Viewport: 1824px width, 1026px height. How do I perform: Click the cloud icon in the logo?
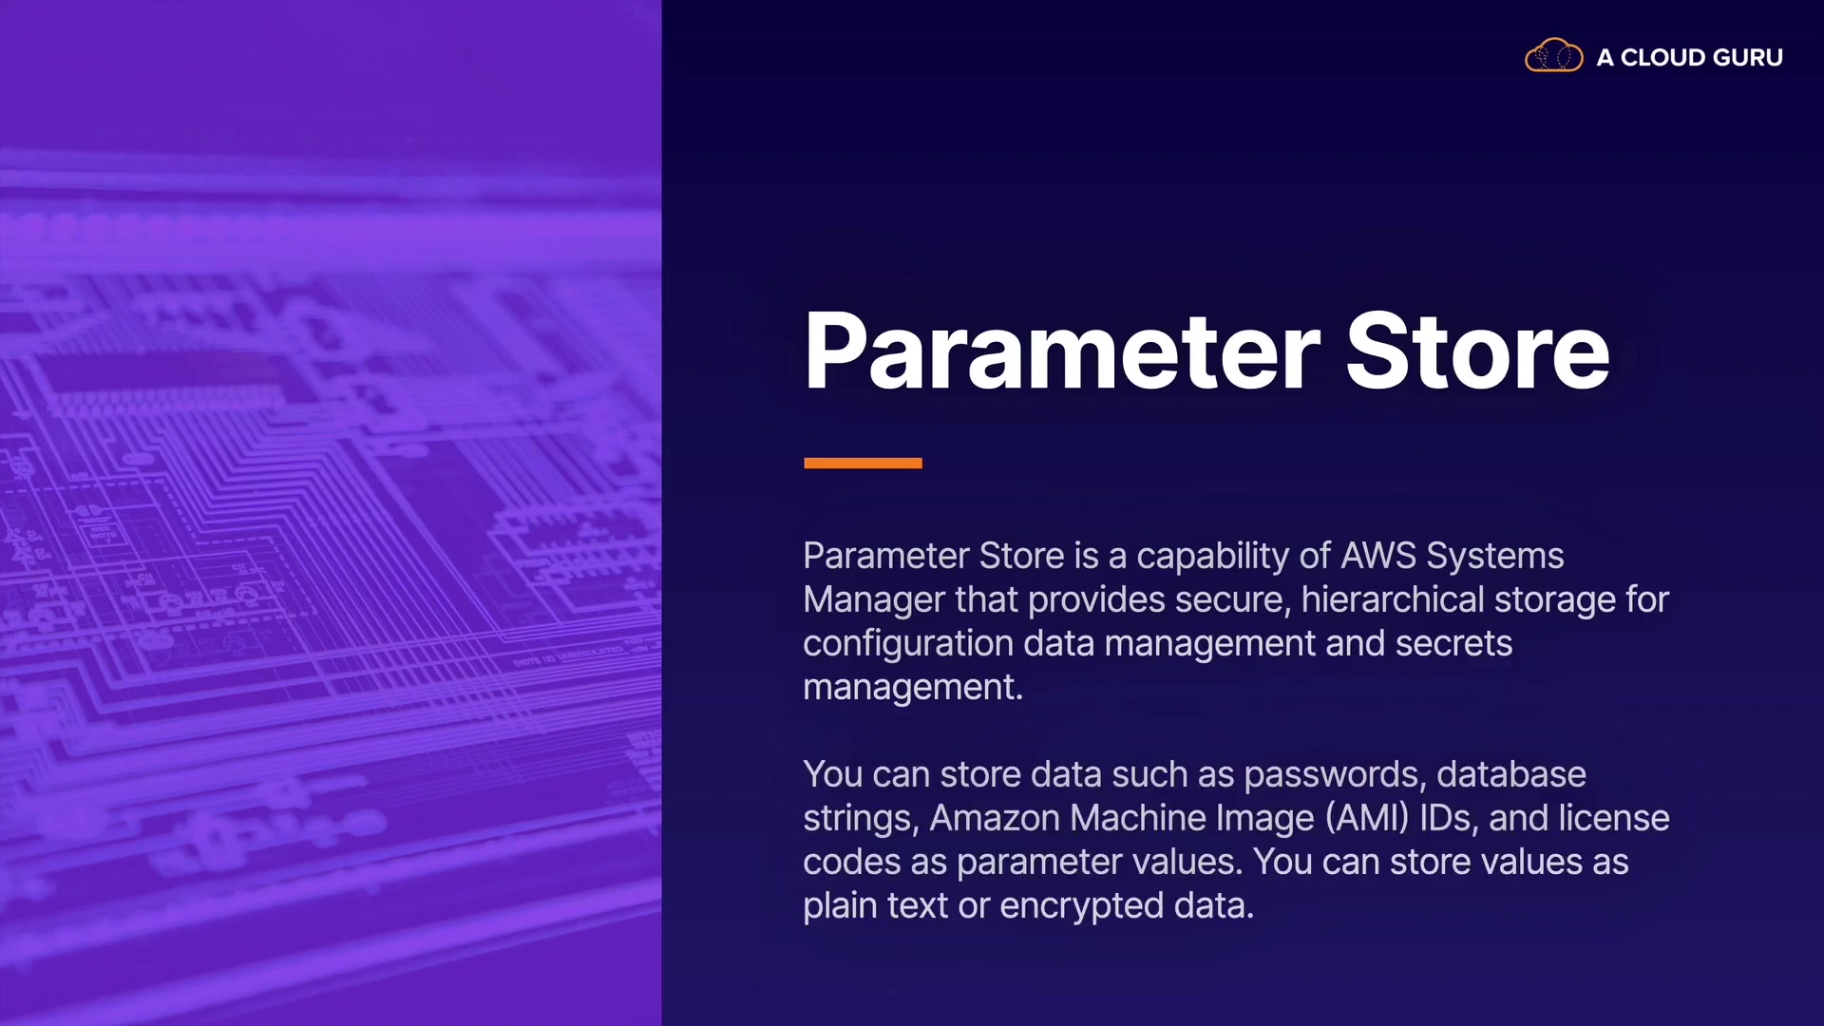pyautogui.click(x=1553, y=56)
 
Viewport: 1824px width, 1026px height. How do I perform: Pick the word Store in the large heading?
pyautogui.click(x=1477, y=351)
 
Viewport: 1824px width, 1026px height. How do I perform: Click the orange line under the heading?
pyautogui.click(x=863, y=463)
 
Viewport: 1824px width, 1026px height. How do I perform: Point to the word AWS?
pyautogui.click(x=1378, y=556)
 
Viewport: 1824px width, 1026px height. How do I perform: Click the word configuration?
pyautogui.click(x=908, y=644)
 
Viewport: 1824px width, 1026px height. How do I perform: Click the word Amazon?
pyautogui.click(x=995, y=818)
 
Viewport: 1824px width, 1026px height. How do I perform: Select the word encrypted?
pyautogui.click(x=1081, y=906)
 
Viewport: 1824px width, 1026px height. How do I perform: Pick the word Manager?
pyautogui.click(x=874, y=600)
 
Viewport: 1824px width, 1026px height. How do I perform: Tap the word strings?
pyautogui.click(x=861, y=819)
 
